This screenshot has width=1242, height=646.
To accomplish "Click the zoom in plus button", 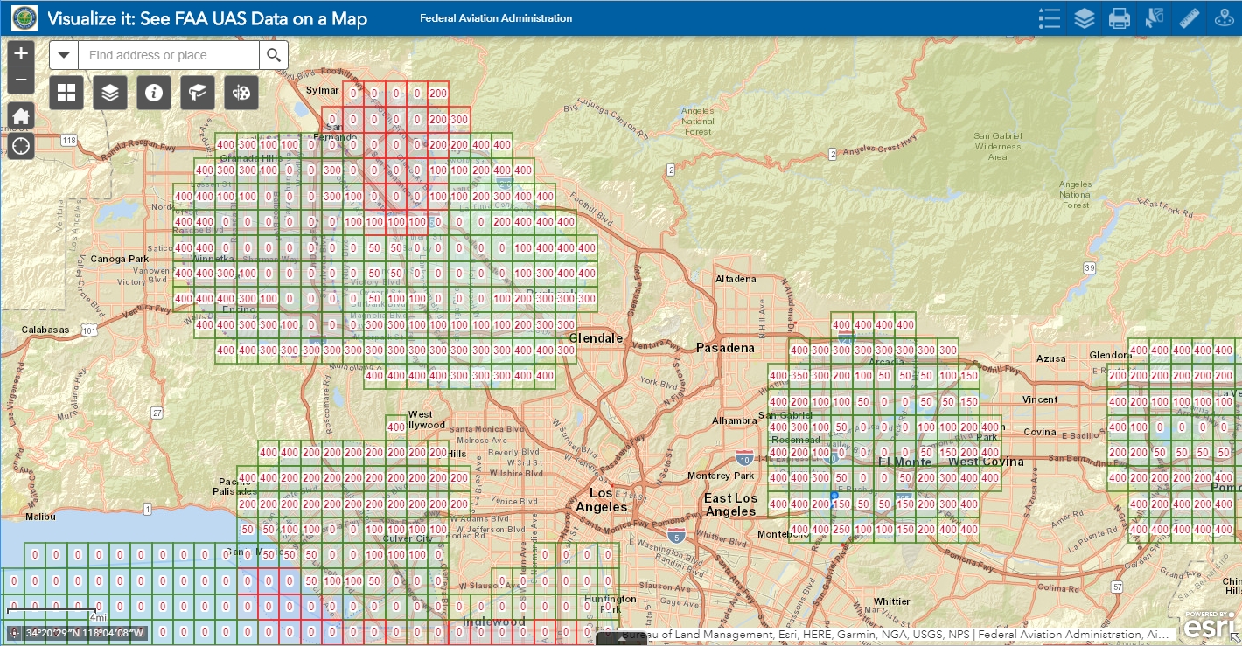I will click(22, 52).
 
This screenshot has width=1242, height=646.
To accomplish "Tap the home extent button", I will click(22, 115).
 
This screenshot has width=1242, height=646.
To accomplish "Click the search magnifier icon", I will click(274, 55).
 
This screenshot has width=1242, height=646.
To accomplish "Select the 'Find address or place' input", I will click(168, 55).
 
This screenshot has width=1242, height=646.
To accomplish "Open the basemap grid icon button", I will click(66, 92).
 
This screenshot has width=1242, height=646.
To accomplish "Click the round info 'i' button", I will click(154, 92).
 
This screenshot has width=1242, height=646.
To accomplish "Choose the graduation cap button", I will click(198, 92).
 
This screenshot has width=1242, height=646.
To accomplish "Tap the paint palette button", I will click(241, 92).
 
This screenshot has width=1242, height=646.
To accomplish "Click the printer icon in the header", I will click(1119, 17).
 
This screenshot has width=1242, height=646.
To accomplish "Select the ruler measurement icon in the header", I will click(1189, 17).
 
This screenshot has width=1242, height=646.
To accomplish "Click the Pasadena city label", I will click(725, 348).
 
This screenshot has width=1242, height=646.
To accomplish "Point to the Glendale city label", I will click(596, 338).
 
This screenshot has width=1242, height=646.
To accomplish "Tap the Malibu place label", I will click(40, 517).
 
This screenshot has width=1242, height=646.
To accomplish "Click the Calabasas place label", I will click(46, 330).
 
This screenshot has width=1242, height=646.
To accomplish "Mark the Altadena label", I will click(736, 279).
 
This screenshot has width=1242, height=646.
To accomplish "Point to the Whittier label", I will click(891, 601).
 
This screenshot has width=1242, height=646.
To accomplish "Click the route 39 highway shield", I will click(1088, 267).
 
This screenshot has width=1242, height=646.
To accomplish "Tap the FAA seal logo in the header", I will click(24, 17).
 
